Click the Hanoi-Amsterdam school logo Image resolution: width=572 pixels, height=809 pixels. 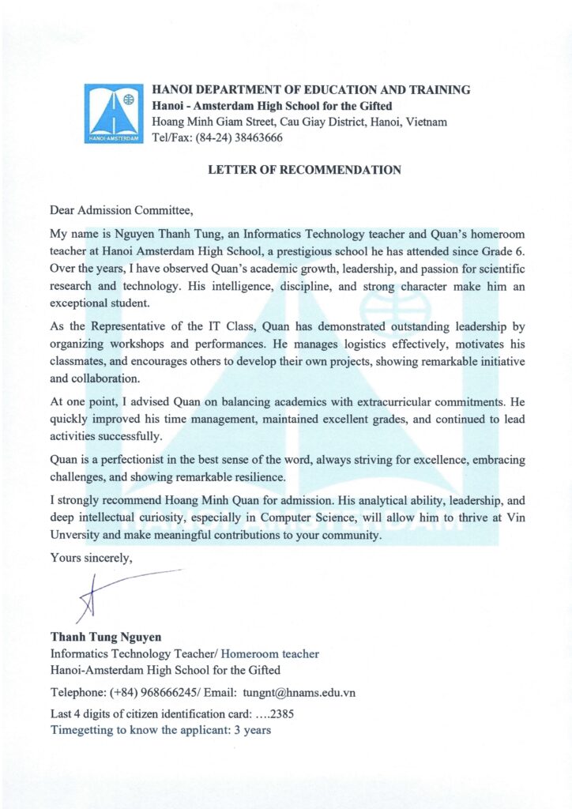pyautogui.click(x=114, y=115)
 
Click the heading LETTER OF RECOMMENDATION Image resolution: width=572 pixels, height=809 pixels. pyautogui.click(x=304, y=170)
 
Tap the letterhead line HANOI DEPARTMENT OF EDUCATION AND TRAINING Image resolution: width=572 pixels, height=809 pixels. pyautogui.click(x=310, y=90)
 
